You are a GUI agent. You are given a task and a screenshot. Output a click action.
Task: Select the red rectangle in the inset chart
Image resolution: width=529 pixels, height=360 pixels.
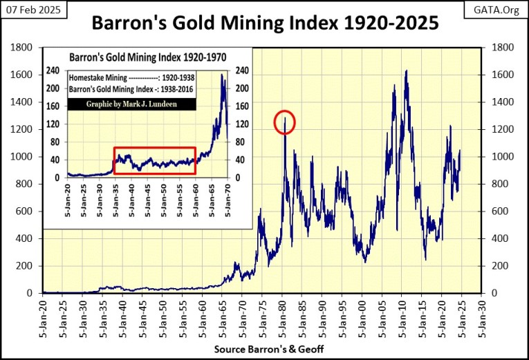pyautogui.click(x=154, y=160)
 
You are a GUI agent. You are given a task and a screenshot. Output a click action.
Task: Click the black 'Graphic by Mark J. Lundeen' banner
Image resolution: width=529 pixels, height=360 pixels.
pyautogui.click(x=131, y=104)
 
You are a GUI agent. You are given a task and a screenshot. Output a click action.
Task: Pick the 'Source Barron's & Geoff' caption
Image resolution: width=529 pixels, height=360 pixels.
pyautogui.click(x=265, y=350)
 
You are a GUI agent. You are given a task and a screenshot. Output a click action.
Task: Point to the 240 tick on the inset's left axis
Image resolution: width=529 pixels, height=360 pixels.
pyautogui.click(x=55, y=70)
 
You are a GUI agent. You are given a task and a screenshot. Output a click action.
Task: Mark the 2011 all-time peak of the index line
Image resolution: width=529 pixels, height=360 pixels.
pyautogui.click(x=406, y=70)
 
